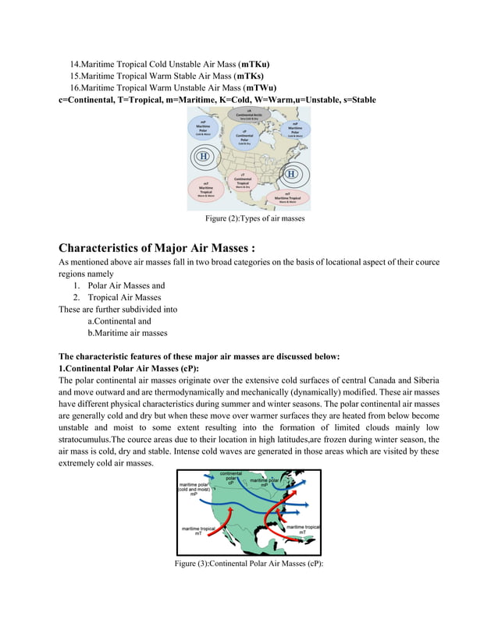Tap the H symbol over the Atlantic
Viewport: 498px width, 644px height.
pyautogui.click(x=292, y=173)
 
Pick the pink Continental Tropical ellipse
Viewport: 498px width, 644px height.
pyautogui.click(x=244, y=180)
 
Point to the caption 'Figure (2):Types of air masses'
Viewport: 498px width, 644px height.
pyautogui.click(x=249, y=218)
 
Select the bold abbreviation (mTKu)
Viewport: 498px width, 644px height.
pyautogui.click(x=256, y=63)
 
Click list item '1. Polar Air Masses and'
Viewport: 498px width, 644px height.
pyautogui.click(x=119, y=285)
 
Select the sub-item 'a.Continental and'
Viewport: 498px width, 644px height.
pyautogui.click(x=119, y=320)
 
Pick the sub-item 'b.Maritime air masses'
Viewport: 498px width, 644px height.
pyautogui.click(x=127, y=333)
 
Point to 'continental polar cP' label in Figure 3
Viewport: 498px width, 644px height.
pyautogui.click(x=230, y=478)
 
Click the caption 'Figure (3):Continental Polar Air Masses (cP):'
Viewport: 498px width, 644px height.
pyautogui.click(x=249, y=564)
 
